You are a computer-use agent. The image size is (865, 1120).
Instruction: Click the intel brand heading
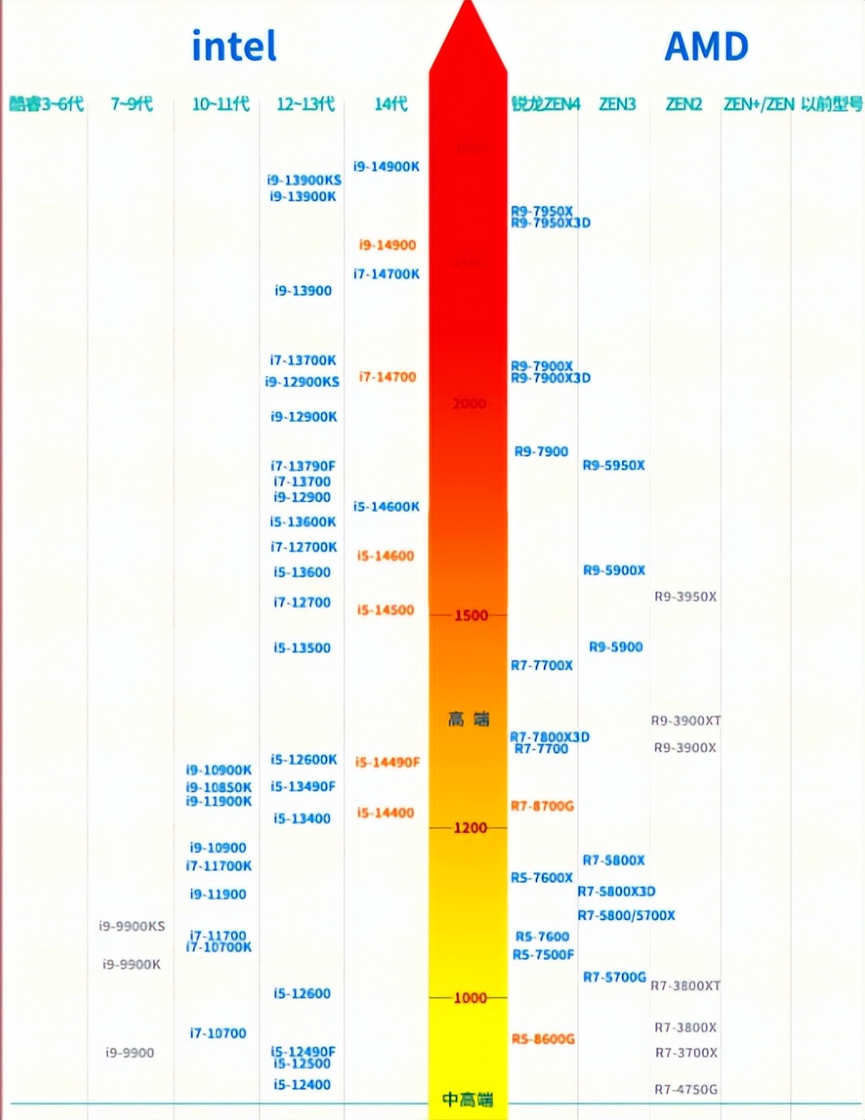pos(234,47)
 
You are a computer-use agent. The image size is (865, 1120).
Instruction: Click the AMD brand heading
pos(706,47)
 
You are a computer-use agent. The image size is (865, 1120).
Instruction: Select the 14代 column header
pos(390,104)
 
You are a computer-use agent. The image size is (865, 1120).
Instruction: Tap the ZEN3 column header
pos(617,104)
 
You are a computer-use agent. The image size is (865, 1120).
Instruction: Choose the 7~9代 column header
pos(131,104)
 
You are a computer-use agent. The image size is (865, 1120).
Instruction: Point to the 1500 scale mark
pos(471,616)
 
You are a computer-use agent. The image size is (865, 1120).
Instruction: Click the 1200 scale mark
pos(470,828)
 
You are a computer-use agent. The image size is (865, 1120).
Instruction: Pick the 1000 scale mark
pos(470,998)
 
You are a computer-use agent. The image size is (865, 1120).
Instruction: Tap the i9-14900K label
pos(386,166)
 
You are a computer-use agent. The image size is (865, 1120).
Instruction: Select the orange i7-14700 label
pos(387,377)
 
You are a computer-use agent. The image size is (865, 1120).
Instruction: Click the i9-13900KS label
pos(304,180)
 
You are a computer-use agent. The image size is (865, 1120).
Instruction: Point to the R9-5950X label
pos(614,465)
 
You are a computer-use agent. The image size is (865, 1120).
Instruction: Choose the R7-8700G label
pos(542,805)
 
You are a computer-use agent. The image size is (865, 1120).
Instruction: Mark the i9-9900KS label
pos(131,926)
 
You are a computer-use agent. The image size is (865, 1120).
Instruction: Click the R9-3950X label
pos(685,597)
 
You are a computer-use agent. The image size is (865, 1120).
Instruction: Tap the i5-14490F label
pos(387,762)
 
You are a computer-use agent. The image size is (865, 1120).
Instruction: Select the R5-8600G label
pos(543,1038)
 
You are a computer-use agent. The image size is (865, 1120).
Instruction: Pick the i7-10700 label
pos(218,1033)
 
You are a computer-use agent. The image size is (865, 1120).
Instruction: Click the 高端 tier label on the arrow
pos(469,719)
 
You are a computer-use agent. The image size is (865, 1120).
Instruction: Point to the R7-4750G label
pos(686,1089)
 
